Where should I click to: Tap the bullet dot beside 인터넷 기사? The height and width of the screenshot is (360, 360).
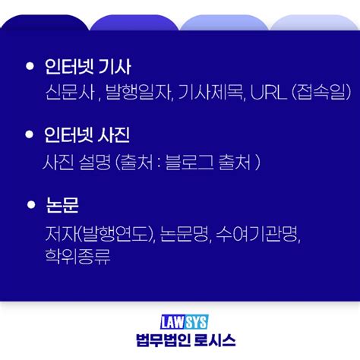(x=30, y=67)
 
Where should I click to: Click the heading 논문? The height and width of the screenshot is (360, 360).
(x=62, y=205)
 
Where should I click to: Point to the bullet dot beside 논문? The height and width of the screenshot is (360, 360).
(x=30, y=205)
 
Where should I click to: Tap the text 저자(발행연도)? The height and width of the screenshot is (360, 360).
(x=100, y=232)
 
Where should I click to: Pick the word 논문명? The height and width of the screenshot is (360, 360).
(x=186, y=232)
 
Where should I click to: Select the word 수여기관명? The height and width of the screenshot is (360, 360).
(x=259, y=232)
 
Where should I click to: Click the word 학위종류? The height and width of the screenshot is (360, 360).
(x=77, y=256)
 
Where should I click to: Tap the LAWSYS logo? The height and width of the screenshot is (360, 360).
(x=180, y=322)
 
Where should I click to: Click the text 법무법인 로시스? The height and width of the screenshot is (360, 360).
(x=180, y=341)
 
